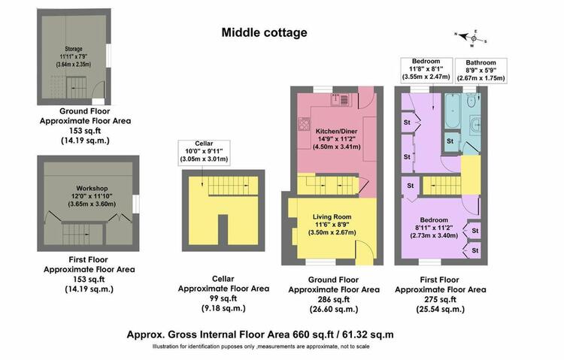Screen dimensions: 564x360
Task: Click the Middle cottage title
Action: point(265,33)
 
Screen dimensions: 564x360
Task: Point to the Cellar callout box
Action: point(204,153)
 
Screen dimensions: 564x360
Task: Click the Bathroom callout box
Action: point(481,71)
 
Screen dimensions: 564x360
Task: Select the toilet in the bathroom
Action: point(471,101)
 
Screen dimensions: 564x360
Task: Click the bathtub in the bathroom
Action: point(452,110)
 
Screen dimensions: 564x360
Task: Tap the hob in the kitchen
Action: point(304,125)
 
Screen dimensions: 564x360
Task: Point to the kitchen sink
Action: point(340,100)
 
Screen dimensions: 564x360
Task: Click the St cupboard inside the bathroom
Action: point(450,141)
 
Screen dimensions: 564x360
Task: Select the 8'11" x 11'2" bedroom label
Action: point(434,228)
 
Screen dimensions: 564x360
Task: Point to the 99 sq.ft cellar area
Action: point(223,298)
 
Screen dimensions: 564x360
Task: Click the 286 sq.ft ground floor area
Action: point(334,299)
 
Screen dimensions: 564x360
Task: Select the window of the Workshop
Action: point(136,204)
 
